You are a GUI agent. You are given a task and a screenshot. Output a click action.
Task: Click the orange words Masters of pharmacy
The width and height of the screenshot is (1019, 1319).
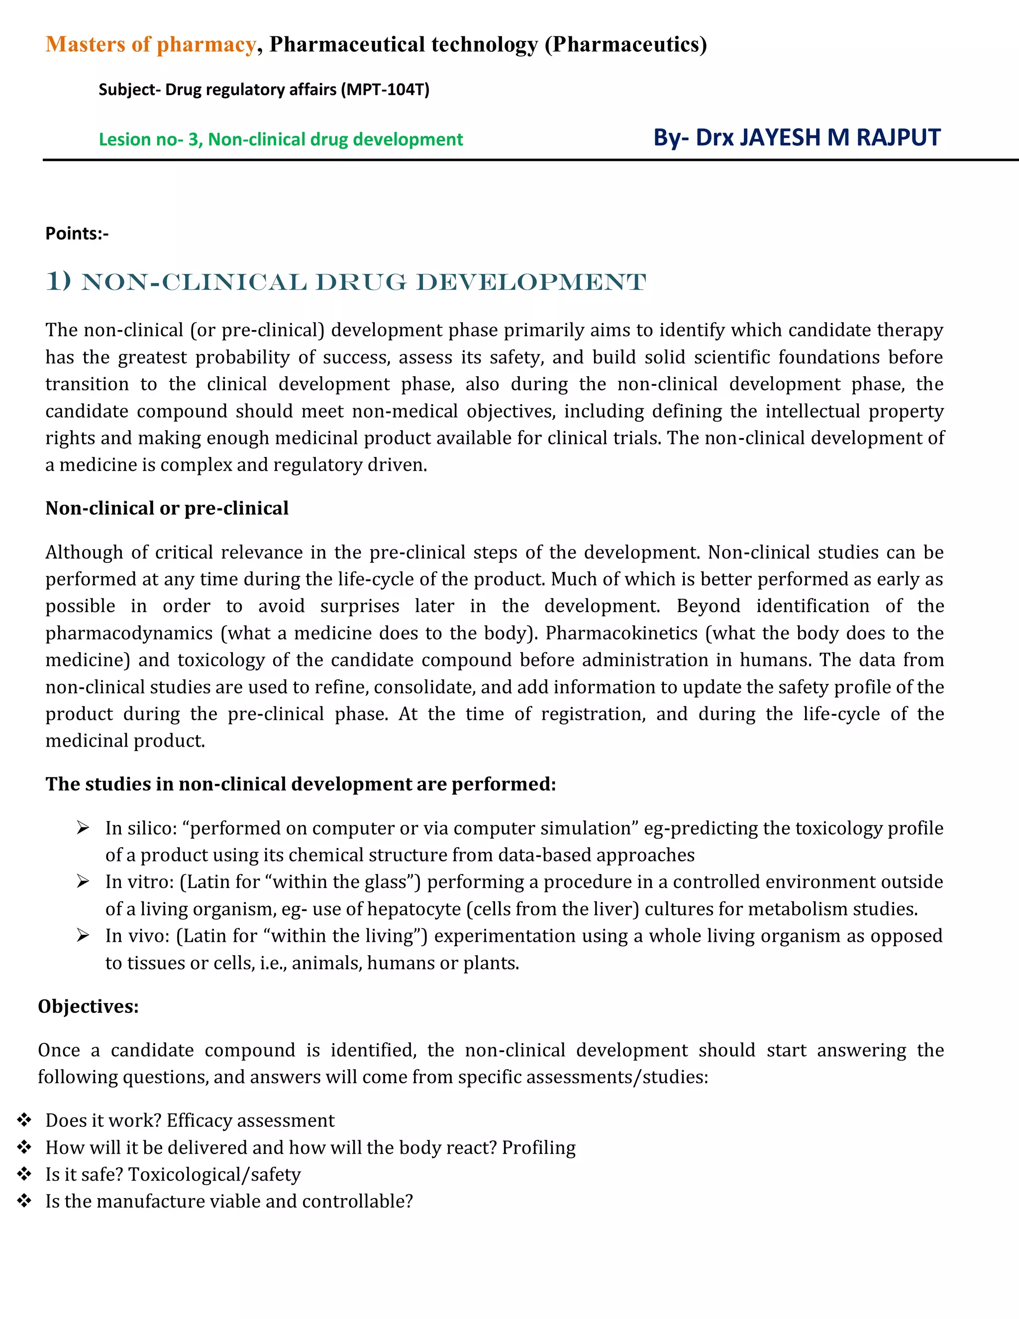click(x=151, y=45)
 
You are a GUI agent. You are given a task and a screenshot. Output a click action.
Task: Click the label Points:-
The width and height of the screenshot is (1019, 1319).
click(x=77, y=234)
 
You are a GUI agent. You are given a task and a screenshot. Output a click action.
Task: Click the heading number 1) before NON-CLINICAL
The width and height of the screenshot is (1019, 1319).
click(x=59, y=281)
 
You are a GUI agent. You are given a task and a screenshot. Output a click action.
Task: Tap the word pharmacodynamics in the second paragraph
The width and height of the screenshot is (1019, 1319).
click(x=128, y=633)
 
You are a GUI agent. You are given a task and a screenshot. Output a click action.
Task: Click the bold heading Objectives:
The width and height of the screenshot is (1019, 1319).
click(x=88, y=1006)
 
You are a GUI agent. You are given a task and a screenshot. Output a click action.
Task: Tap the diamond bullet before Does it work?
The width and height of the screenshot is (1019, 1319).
click(x=24, y=1120)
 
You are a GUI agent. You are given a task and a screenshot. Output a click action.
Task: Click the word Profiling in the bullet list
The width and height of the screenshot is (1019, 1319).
click(x=538, y=1147)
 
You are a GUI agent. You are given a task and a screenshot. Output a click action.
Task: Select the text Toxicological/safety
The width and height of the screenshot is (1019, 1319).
click(x=214, y=1174)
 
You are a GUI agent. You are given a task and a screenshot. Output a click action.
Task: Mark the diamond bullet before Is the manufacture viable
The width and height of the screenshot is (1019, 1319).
click(x=24, y=1201)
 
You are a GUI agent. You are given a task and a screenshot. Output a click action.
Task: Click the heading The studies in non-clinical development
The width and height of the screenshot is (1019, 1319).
click(x=300, y=784)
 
